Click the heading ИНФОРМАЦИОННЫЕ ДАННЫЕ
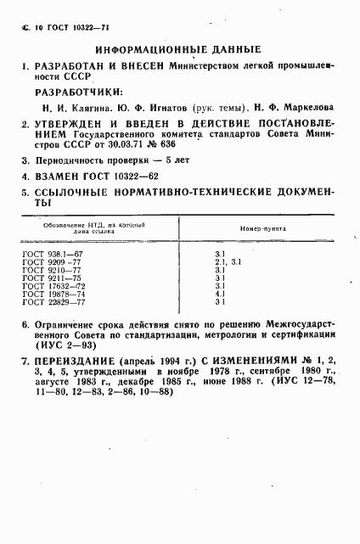[x=178, y=49]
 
